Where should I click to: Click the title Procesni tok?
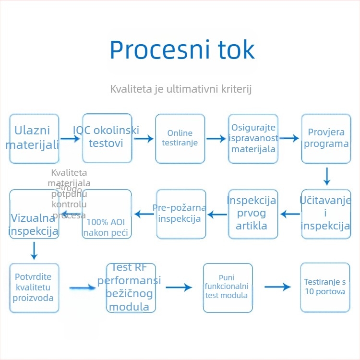(181, 49)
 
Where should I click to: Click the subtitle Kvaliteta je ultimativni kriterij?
(181, 89)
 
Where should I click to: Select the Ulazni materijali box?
(34, 138)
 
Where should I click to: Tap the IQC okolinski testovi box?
(107, 138)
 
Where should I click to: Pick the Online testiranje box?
(180, 138)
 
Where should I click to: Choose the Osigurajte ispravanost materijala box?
(253, 138)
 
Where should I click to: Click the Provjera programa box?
(326, 138)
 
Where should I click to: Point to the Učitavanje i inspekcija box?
(326, 214)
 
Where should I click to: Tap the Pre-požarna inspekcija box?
(180, 214)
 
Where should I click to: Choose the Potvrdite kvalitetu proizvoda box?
(34, 288)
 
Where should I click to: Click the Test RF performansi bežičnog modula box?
(130, 288)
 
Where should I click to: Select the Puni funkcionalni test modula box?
(227, 288)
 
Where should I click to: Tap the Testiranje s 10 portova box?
(325, 287)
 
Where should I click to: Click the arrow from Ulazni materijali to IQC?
(71, 139)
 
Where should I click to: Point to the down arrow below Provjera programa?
(327, 176)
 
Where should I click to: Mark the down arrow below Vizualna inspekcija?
(34, 250)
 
